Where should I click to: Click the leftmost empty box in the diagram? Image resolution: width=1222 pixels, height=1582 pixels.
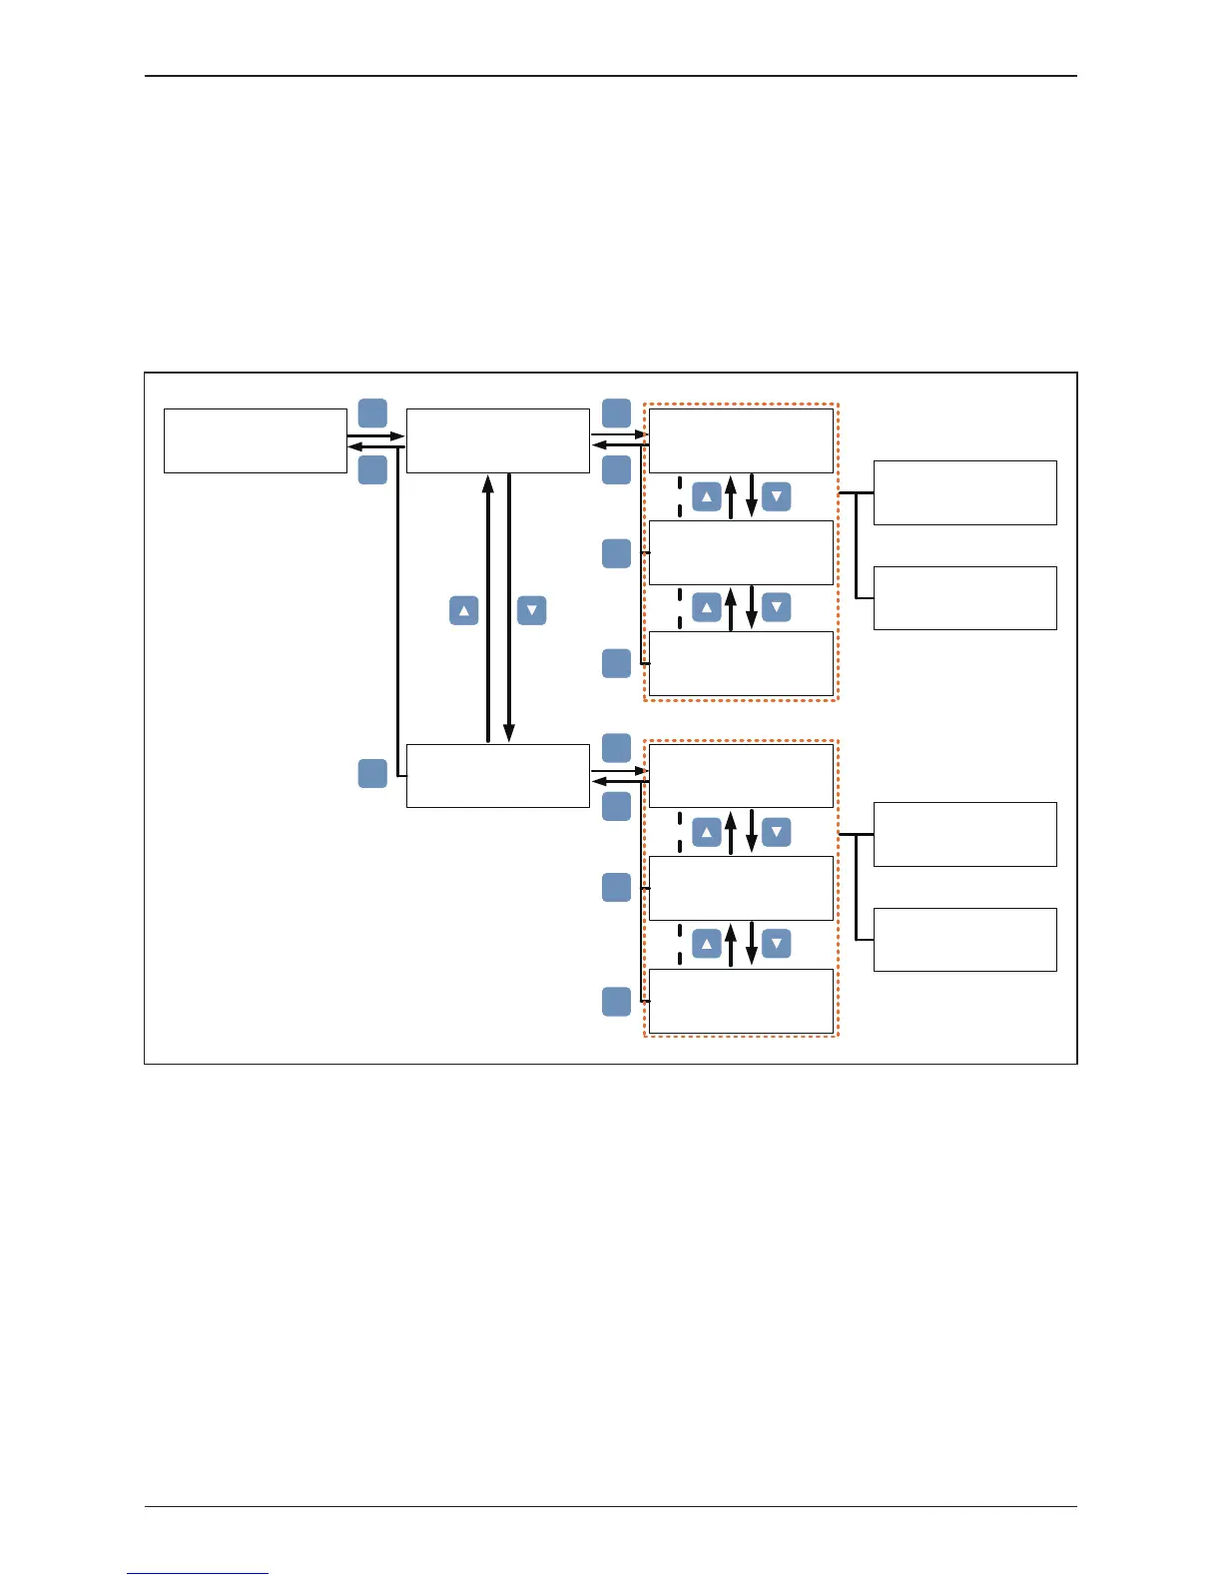pos(255,440)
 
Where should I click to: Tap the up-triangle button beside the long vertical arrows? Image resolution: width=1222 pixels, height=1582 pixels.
pos(464,610)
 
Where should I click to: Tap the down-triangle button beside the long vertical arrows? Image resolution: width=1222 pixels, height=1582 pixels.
pos(532,610)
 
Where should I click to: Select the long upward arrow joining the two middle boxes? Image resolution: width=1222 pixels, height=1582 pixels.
pos(488,608)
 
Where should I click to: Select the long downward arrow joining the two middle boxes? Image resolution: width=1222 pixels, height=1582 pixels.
pos(509,608)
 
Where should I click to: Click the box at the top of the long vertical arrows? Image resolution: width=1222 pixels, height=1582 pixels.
pos(497,440)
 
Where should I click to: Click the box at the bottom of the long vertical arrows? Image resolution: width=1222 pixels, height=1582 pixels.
pos(497,775)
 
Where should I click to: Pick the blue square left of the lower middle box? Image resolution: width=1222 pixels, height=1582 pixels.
pos(372,773)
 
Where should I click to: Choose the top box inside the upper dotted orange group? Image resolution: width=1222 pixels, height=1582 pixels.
pos(741,440)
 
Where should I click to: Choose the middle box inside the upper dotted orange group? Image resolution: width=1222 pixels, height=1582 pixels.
pos(741,552)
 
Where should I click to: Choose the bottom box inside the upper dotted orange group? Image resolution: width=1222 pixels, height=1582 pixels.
pos(741,663)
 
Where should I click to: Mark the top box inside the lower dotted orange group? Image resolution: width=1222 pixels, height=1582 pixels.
pos(741,775)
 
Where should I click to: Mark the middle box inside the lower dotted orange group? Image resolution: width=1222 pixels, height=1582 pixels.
pos(741,888)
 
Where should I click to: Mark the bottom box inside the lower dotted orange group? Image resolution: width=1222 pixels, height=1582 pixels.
pos(741,1001)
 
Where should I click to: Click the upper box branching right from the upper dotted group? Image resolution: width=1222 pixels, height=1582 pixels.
pos(964,492)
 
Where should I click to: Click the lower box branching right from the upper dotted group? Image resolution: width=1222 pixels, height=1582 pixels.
pos(964,598)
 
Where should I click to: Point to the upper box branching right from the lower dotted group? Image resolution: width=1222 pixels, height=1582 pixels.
pos(964,834)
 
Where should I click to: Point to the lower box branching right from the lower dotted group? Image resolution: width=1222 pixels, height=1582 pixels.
pos(964,940)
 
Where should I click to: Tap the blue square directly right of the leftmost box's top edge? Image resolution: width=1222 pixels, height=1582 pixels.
pos(372,413)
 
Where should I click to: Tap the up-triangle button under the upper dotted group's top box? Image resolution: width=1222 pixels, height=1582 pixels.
pos(707,496)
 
